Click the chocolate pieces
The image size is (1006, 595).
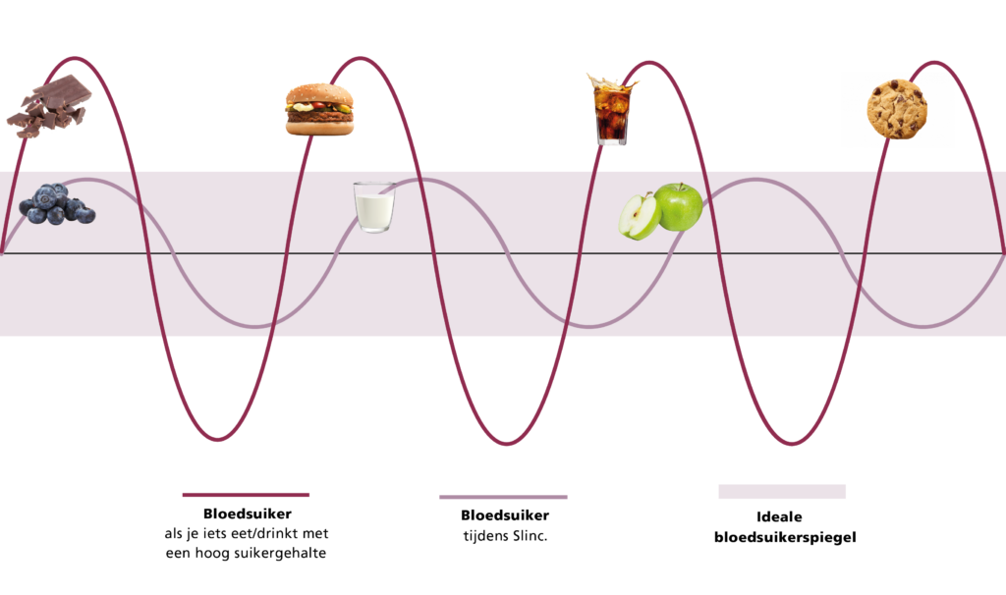[x=49, y=106]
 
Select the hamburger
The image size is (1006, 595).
[x=319, y=109]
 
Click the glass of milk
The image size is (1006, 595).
[x=374, y=207]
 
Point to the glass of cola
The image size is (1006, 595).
[x=611, y=112]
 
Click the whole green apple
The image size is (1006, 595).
[x=680, y=205]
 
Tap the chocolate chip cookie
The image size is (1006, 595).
[x=896, y=109]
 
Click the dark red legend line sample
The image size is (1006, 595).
[x=247, y=495]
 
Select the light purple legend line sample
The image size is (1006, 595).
[x=503, y=497]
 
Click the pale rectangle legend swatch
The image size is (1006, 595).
[x=781, y=491]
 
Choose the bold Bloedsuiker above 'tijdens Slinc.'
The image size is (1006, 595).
[x=504, y=514]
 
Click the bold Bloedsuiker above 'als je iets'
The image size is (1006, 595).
[x=247, y=514]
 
